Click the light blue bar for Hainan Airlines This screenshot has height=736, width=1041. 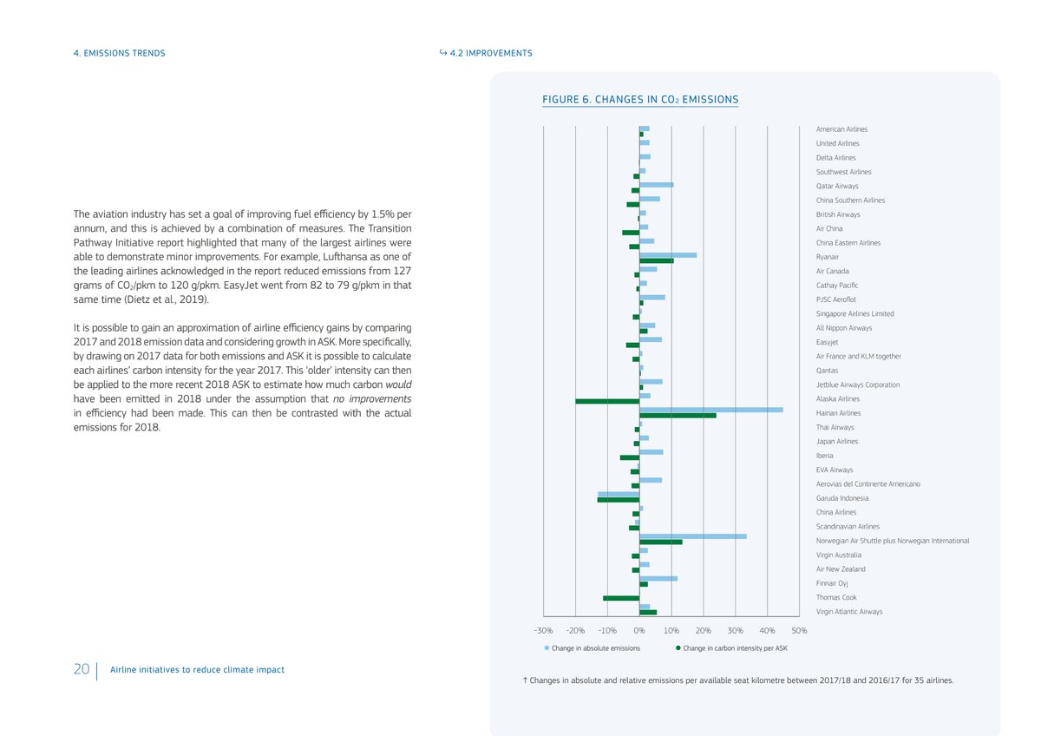[x=711, y=410]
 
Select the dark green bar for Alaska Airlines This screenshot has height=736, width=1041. [x=607, y=401]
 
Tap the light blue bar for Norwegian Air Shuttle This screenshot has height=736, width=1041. [x=693, y=536]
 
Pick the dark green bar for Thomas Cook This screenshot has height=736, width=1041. [x=621, y=598]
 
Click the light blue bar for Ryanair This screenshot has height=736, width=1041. [x=668, y=254]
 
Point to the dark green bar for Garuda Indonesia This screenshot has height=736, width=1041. [x=619, y=500]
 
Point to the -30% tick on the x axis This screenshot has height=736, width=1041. [x=543, y=630]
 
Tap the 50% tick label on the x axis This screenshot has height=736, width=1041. [x=799, y=630]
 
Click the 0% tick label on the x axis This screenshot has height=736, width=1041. [x=639, y=630]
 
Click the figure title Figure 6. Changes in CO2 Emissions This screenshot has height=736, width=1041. [x=640, y=100]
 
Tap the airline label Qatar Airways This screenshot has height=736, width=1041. [x=837, y=186]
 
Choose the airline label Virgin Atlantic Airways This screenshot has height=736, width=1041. [x=849, y=612]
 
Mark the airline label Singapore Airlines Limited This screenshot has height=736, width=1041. [x=854, y=313]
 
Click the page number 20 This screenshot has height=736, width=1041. [x=82, y=670]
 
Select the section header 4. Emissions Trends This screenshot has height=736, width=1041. [x=119, y=53]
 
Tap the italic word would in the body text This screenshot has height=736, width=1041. [x=398, y=384]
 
